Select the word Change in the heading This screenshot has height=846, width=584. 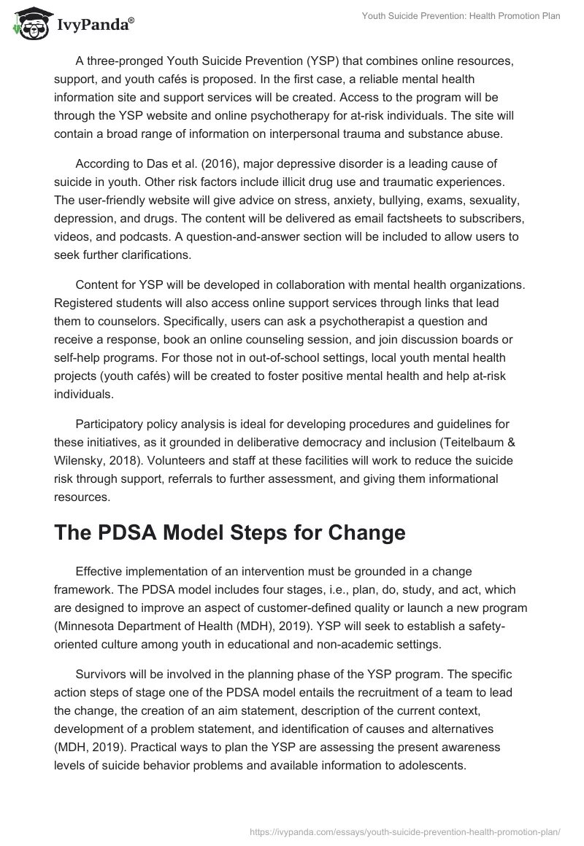[363, 532]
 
